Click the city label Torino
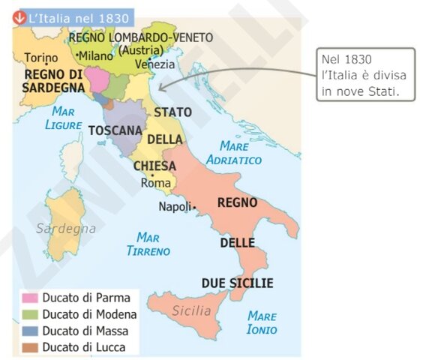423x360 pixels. pyautogui.click(x=40, y=58)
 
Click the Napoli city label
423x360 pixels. pyautogui.click(x=175, y=207)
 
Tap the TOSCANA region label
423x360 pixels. pyautogui.click(x=115, y=130)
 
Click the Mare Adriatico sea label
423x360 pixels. pyautogui.click(x=240, y=152)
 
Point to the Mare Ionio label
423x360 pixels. pyautogui.click(x=262, y=322)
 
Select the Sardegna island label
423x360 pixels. pyautogui.click(x=66, y=228)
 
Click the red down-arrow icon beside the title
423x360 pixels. pyautogui.click(x=19, y=17)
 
